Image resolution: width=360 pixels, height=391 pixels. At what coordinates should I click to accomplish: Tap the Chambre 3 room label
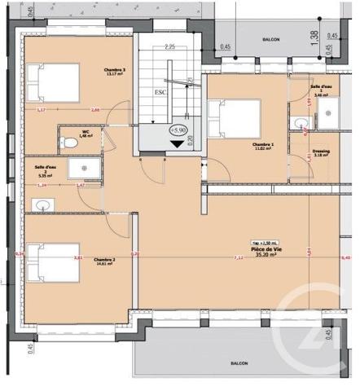pos(113,72)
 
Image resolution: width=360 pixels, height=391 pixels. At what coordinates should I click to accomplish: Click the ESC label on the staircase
pos(160,92)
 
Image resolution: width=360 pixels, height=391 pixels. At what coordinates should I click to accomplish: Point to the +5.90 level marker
pos(177,130)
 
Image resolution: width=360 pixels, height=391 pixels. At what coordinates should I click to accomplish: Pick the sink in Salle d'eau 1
pos(300,125)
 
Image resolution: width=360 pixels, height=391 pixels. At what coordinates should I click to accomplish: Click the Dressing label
pos(321,152)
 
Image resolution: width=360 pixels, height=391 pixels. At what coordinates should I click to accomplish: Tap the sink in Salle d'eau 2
pos(38,204)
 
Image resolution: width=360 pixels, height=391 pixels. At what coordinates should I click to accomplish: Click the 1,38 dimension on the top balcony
pos(314,35)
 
